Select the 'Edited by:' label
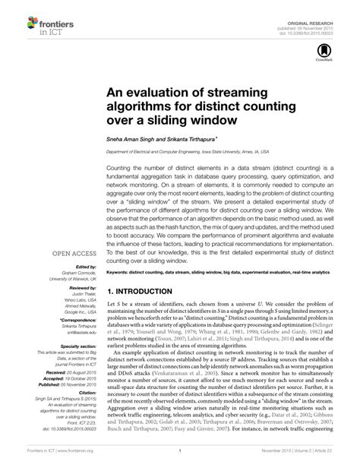[x=82, y=267]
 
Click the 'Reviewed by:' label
[x=79, y=289]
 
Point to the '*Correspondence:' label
[x=74, y=323]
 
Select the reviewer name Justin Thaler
[x=84, y=296]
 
